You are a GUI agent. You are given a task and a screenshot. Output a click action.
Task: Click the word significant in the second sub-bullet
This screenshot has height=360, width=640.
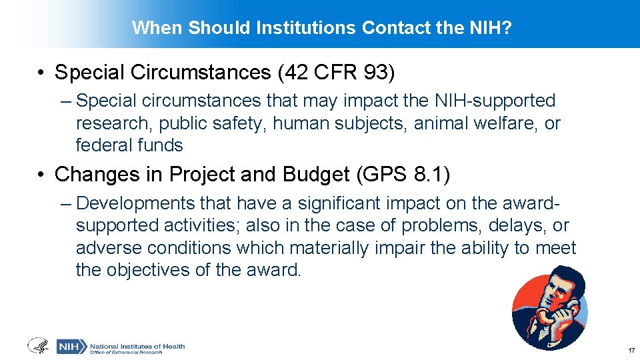[312, 203]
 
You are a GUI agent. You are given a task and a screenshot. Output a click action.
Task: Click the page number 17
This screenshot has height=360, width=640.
[630, 351]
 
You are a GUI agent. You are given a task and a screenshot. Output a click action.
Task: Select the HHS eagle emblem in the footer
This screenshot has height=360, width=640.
[37, 346]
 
